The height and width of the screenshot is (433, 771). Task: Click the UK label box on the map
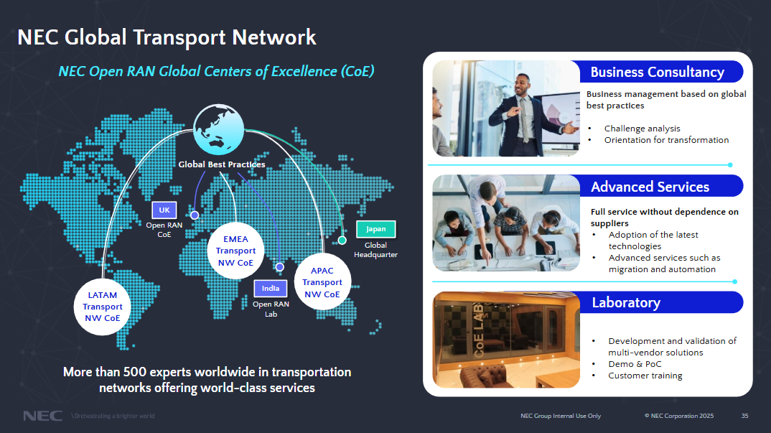pyautogui.click(x=164, y=210)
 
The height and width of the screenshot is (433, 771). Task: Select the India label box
pyautogui.click(x=271, y=289)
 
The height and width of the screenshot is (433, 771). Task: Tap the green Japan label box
pyautogui.click(x=375, y=229)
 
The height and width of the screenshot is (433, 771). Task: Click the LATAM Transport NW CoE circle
pyautogui.click(x=103, y=307)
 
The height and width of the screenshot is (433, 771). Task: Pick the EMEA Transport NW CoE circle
pyautogui.click(x=235, y=251)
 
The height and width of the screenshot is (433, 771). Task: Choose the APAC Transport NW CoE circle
pyautogui.click(x=322, y=282)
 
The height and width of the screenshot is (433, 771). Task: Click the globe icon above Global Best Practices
pyautogui.click(x=220, y=129)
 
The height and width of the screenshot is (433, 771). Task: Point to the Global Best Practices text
pyautogui.click(x=222, y=164)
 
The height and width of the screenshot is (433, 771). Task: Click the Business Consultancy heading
pyautogui.click(x=657, y=72)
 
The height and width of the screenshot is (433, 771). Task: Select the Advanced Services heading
pyautogui.click(x=650, y=187)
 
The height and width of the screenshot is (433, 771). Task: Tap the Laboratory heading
pyautogui.click(x=625, y=302)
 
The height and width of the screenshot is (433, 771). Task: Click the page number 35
pyautogui.click(x=744, y=416)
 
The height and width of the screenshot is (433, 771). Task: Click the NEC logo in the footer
pyautogui.click(x=42, y=416)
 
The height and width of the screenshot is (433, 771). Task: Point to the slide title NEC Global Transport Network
pyautogui.click(x=167, y=37)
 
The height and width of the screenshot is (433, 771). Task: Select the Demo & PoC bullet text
pyautogui.click(x=635, y=364)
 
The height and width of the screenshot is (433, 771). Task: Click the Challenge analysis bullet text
pyautogui.click(x=642, y=129)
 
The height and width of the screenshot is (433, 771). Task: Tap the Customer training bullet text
pyautogui.click(x=645, y=376)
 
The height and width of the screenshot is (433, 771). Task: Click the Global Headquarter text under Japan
pyautogui.click(x=375, y=250)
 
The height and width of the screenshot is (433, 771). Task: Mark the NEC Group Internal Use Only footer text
pyautogui.click(x=561, y=416)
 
